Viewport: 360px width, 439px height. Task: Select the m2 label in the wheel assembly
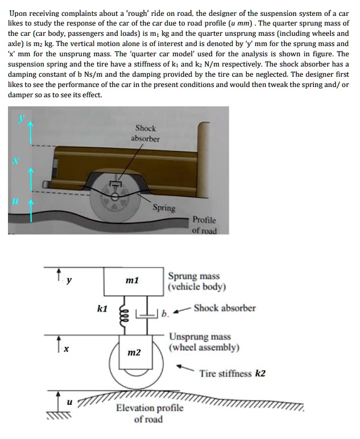click(134, 353)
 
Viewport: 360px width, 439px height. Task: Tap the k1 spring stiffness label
click(102, 309)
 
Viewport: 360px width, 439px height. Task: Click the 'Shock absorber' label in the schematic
click(224, 308)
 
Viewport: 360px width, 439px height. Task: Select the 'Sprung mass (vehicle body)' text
click(197, 281)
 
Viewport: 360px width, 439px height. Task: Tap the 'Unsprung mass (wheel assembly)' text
click(204, 342)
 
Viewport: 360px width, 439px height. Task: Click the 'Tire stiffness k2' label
click(232, 374)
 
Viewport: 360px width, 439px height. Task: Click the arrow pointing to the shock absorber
click(181, 310)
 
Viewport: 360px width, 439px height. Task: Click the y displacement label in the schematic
click(69, 279)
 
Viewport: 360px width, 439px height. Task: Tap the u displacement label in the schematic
click(69, 401)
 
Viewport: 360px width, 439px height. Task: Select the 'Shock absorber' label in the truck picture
click(146, 134)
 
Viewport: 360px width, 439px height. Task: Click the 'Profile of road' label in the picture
click(204, 225)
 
